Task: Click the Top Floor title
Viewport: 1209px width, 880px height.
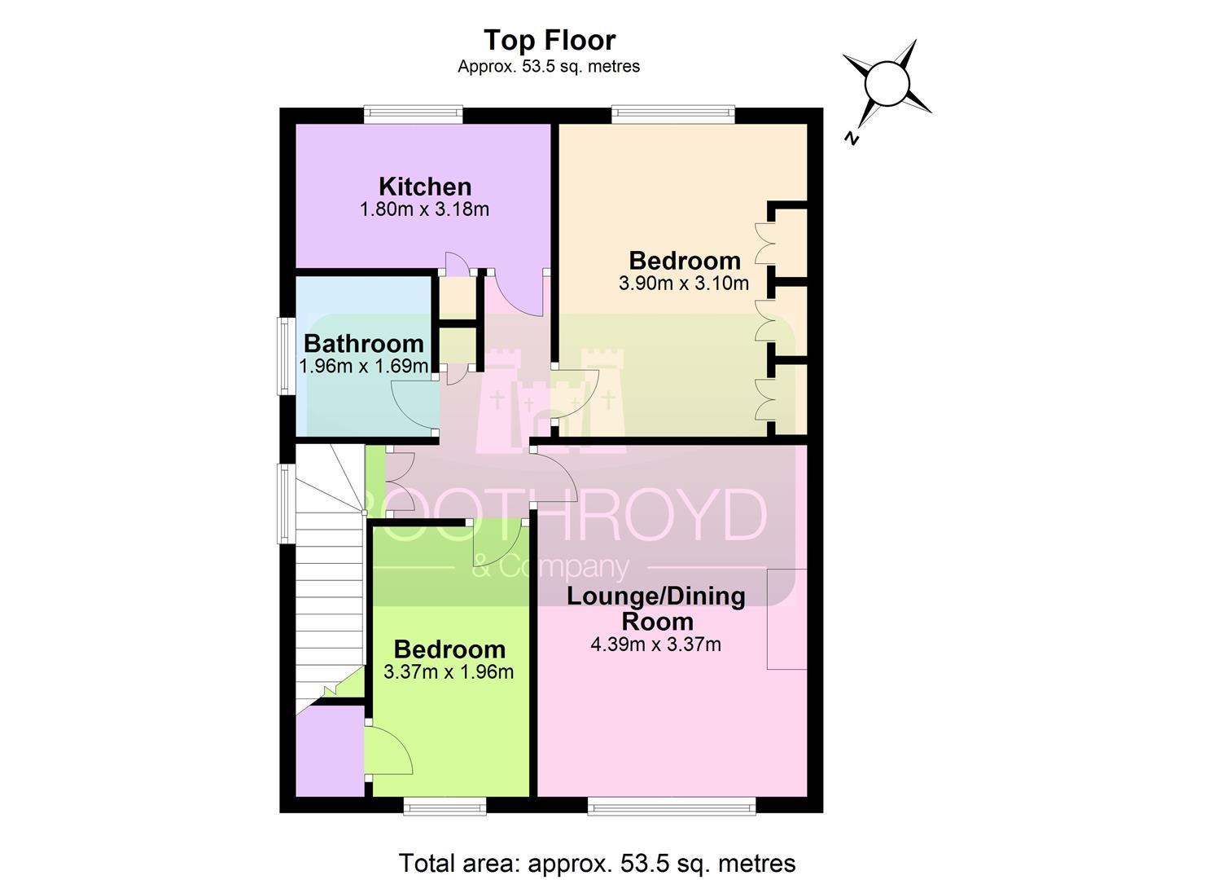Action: [x=550, y=41]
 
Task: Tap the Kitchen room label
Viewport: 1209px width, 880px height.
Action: [x=425, y=187]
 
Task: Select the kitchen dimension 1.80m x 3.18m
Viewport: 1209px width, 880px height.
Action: [x=424, y=209]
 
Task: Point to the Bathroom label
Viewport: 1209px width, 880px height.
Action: [x=364, y=344]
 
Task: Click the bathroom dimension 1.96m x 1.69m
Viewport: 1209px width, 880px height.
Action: [x=364, y=366]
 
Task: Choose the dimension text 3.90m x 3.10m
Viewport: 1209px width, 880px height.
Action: [x=684, y=283]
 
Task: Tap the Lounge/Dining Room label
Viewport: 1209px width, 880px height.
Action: [x=656, y=609]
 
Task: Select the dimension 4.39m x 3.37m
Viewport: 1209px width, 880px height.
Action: [x=655, y=645]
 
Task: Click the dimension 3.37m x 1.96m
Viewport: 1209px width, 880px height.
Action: [x=449, y=672]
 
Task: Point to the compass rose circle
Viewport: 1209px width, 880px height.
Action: [x=887, y=84]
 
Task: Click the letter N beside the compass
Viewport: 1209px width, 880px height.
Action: [x=851, y=139]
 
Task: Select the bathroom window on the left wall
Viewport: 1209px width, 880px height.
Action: [x=286, y=356]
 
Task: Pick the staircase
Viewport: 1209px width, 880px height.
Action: [x=331, y=578]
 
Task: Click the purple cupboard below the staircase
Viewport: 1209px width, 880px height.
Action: [x=330, y=752]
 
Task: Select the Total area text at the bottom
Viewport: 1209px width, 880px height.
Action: [x=597, y=863]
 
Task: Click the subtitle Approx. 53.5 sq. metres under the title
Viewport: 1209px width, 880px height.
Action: [x=549, y=67]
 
